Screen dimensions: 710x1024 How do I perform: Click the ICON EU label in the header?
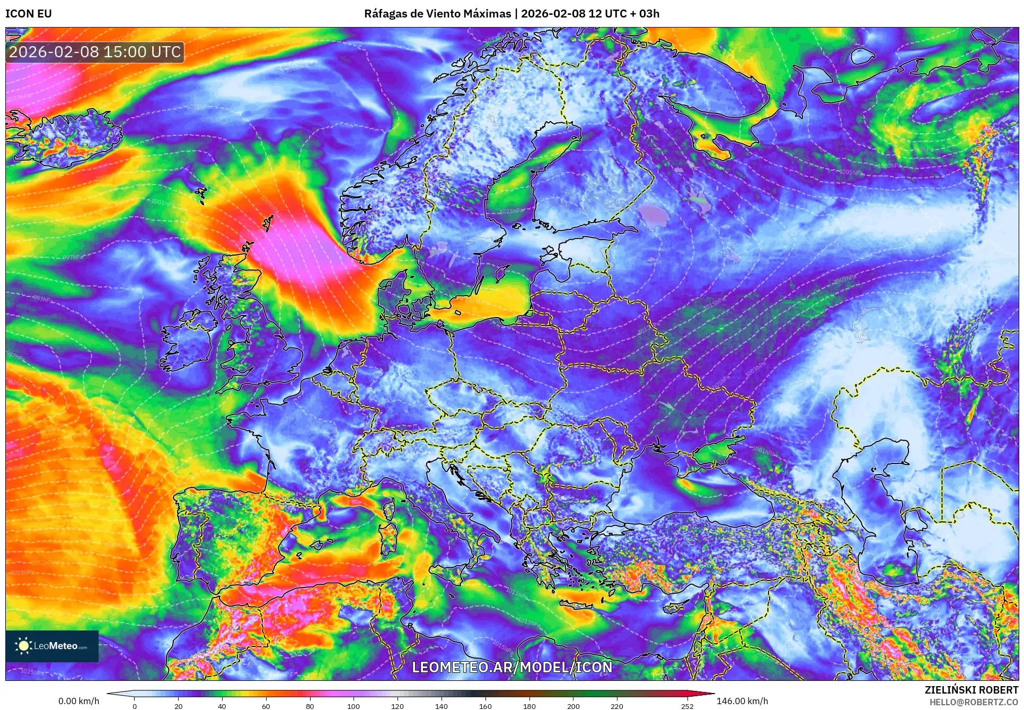click(x=29, y=14)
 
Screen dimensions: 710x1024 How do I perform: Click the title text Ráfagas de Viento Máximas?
click(x=437, y=14)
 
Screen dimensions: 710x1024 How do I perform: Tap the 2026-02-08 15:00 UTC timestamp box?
click(x=95, y=52)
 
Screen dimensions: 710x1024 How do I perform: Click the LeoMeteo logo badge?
click(x=52, y=646)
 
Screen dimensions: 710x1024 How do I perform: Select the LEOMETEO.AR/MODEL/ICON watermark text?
click(x=512, y=667)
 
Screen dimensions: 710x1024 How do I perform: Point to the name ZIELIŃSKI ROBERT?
click(x=971, y=690)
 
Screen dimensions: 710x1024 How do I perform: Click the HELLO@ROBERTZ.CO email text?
click(x=973, y=702)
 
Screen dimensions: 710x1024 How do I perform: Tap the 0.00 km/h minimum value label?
click(x=78, y=701)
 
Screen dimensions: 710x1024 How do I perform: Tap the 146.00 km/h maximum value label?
click(x=742, y=701)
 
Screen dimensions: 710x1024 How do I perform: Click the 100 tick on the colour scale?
click(x=354, y=706)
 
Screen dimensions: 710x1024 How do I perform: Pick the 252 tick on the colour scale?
click(x=687, y=706)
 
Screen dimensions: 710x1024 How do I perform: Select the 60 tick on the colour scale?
click(x=266, y=706)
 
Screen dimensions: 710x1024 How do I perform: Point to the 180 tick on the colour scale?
click(x=529, y=706)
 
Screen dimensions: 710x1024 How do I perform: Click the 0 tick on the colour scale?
click(x=135, y=706)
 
